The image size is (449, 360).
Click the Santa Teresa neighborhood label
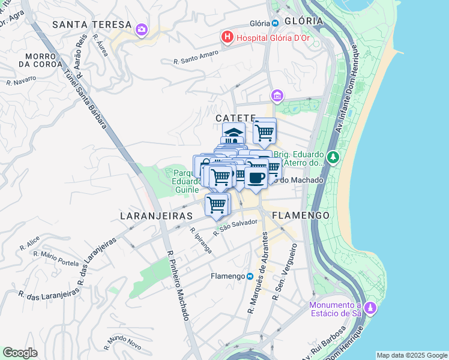(91, 25)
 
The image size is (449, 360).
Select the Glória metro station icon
(275, 23)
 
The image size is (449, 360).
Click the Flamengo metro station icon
(250, 276)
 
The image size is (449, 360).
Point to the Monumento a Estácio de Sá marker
(371, 308)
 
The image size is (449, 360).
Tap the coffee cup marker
(256, 178)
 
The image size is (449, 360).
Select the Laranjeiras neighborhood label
(155, 215)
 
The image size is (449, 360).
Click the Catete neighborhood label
(236, 118)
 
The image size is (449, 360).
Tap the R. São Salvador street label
(237, 226)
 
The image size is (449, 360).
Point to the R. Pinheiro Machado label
(178, 285)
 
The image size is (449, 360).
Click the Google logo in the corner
(20, 353)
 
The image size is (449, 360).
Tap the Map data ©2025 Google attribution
(411, 355)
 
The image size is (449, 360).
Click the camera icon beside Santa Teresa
(142, 29)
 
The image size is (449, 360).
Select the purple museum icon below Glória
(277, 96)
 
